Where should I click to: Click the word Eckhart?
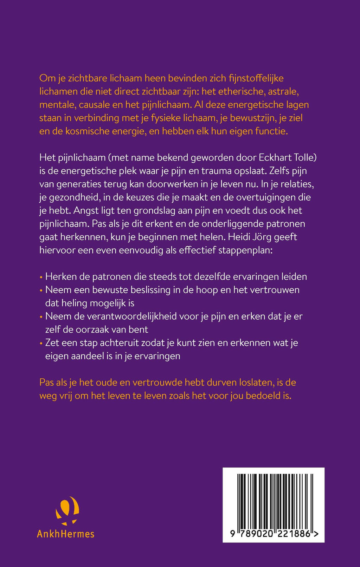[275, 157]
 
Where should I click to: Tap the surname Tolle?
[304, 157]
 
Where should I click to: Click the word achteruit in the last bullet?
[120, 343]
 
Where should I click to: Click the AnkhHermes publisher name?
[66, 534]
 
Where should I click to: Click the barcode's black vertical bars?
[274, 501]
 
